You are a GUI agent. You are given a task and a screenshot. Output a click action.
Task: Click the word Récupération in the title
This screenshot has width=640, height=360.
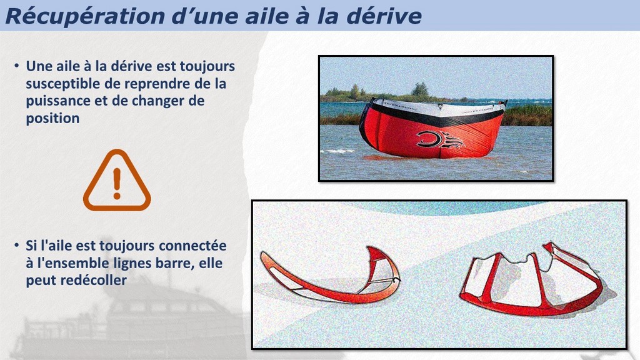tap(84, 17)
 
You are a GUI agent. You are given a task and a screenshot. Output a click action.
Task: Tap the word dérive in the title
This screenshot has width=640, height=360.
tap(384, 16)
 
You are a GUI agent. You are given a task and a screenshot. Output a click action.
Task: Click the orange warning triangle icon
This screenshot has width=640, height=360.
tap(117, 181)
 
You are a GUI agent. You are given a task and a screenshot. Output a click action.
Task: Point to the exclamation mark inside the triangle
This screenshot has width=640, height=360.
tap(117, 183)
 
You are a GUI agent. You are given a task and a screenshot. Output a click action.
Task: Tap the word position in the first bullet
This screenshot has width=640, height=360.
tap(52, 119)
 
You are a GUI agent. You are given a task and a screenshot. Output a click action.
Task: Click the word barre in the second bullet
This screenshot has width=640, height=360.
tap(174, 263)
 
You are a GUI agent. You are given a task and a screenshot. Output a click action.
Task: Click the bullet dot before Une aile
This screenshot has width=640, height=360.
tap(17, 66)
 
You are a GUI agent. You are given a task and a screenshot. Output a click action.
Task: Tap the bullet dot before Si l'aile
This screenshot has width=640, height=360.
tap(17, 245)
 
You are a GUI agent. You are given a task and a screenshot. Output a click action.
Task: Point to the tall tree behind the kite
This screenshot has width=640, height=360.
tap(420, 89)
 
